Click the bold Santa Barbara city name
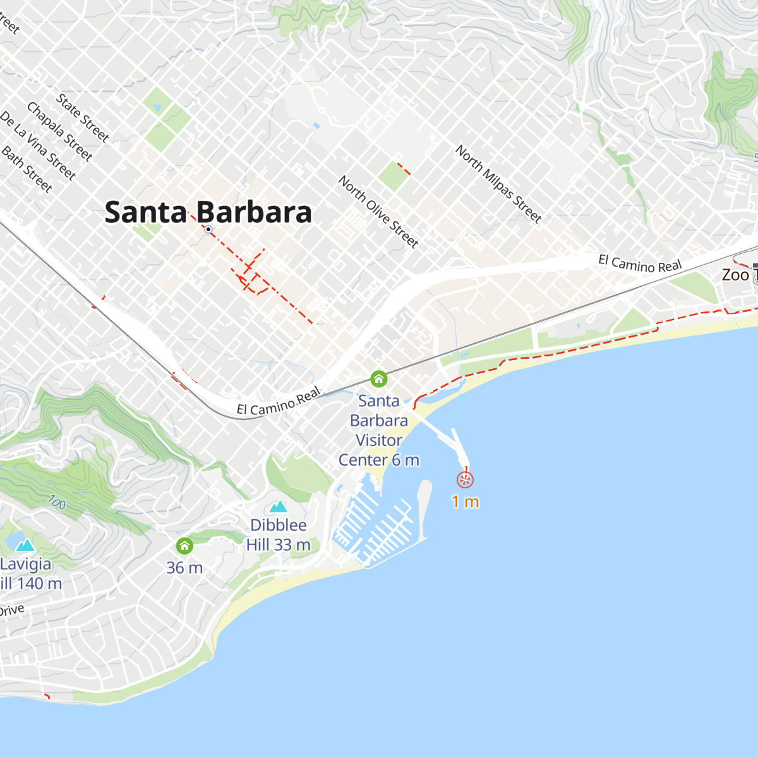tap(208, 212)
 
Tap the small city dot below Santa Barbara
tap(208, 230)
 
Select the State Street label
tap(83, 117)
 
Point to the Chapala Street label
tap(60, 131)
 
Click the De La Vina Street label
tap(38, 146)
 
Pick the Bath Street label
tap(27, 169)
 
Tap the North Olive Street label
tap(378, 212)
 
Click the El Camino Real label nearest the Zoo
tap(640, 264)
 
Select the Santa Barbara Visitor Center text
tap(378, 430)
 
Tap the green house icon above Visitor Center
tap(378, 379)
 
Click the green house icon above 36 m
tap(184, 545)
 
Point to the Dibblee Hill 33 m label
tap(279, 534)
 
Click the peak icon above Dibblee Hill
tap(279, 507)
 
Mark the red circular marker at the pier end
tap(465, 480)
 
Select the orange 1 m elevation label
tap(465, 502)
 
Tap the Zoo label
tap(736, 275)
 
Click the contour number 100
tap(57, 503)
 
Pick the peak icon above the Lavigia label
tap(25, 545)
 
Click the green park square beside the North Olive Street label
tap(394, 176)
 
